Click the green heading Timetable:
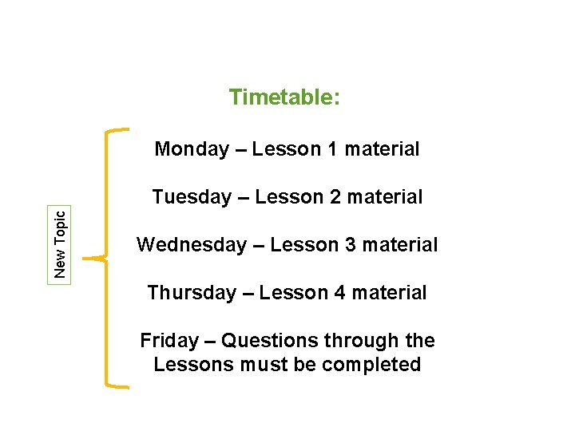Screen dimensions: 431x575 pyautogui.click(x=285, y=97)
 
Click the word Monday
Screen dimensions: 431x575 pyautogui.click(x=192, y=149)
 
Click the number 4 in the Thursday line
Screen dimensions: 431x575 pyautogui.click(x=340, y=293)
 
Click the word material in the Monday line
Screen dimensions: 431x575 pyautogui.click(x=383, y=149)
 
